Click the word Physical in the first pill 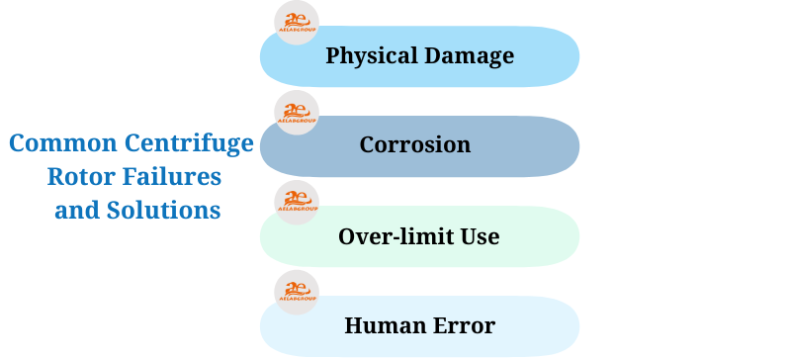[x=369, y=55]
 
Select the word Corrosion [x=414, y=145]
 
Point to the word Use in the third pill [x=480, y=236]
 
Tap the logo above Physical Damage [x=297, y=23]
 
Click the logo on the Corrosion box [x=297, y=113]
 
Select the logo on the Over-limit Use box [x=297, y=203]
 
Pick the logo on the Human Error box [x=297, y=293]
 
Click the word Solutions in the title [x=165, y=211]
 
